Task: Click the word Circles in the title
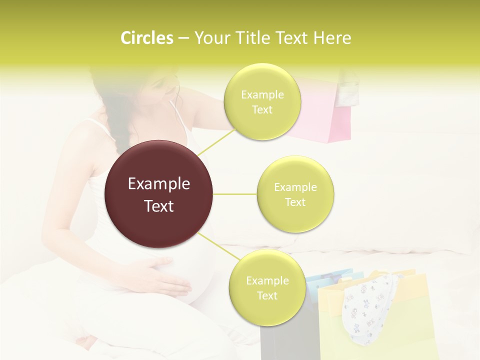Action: (x=146, y=38)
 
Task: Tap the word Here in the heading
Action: (x=332, y=38)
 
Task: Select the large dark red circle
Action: (x=158, y=194)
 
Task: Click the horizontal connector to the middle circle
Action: (x=234, y=194)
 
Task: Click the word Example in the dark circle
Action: (x=158, y=184)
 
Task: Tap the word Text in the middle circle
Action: (x=295, y=202)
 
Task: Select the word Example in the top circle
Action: (x=262, y=95)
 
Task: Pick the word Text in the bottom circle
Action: (x=267, y=296)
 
